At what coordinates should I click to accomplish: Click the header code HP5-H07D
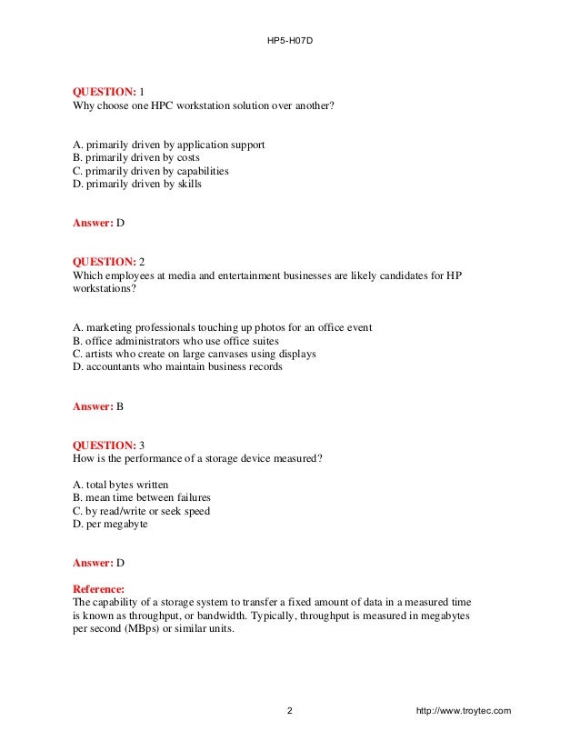289,42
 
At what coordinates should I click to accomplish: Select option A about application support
168,145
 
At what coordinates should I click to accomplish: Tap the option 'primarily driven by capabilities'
150,170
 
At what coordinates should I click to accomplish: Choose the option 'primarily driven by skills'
136,184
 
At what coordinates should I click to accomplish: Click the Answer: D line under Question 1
97,222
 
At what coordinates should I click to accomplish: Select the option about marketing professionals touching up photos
222,327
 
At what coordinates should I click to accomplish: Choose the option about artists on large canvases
195,354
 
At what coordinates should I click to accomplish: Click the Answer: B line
97,406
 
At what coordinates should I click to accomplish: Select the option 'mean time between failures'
141,497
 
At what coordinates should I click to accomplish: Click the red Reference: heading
101,589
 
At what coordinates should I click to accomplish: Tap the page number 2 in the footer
289,710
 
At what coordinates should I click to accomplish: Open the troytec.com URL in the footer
463,710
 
